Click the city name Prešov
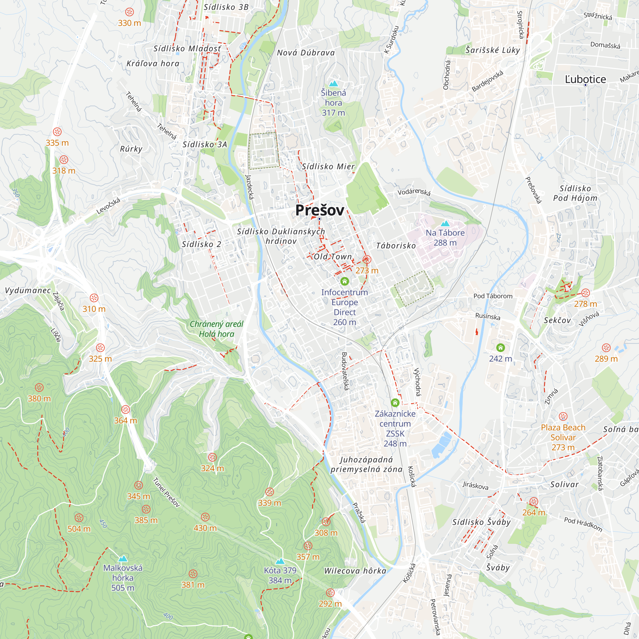(319, 210)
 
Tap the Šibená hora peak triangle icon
(333, 84)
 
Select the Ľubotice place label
(585, 79)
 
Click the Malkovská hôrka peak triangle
(123, 558)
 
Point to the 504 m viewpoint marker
(79, 518)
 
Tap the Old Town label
(332, 257)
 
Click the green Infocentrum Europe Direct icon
(345, 281)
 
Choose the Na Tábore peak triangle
(445, 224)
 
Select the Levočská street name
(108, 206)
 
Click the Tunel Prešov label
(166, 492)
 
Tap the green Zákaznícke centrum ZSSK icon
(395, 403)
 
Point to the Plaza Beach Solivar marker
(563, 416)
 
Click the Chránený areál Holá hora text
(216, 329)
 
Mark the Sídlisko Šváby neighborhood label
(481, 522)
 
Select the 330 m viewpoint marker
(129, 12)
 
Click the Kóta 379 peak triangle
(280, 561)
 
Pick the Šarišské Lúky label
(492, 50)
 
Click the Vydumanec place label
(28, 290)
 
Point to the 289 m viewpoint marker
(606, 348)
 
